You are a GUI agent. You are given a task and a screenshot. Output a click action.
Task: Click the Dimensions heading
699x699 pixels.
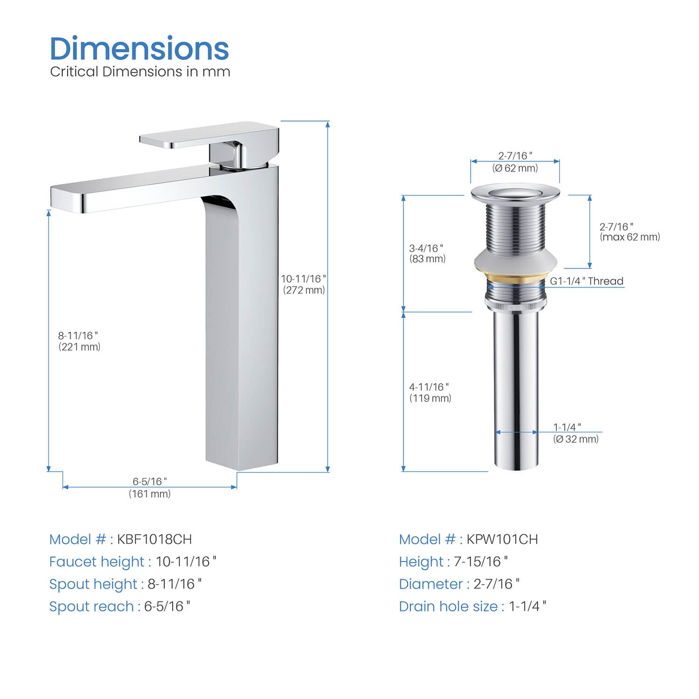click(139, 48)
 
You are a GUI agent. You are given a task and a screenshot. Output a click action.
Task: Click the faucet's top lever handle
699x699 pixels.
click(209, 135)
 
